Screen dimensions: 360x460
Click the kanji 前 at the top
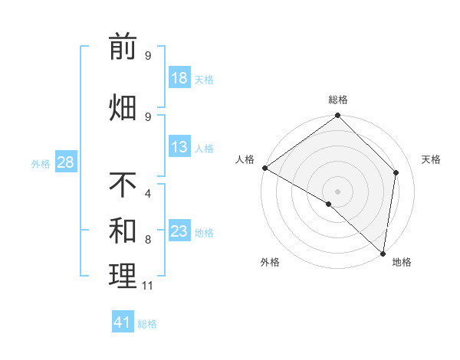123,47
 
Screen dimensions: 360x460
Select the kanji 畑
123,107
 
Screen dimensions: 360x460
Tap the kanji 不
123,185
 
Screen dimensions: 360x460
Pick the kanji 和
123,231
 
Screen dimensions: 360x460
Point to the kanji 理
123,277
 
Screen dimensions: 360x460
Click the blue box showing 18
179,78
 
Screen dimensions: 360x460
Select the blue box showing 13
179,147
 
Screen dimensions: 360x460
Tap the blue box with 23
179,231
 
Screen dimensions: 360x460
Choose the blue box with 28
65,162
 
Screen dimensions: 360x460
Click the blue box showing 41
123,322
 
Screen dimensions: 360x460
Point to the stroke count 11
148,286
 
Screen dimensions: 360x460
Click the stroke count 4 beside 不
148,193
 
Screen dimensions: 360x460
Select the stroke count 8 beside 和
148,240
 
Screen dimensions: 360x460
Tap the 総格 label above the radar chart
338,100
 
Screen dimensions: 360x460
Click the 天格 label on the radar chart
431,159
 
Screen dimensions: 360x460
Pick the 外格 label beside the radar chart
269,262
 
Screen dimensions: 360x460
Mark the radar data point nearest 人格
264,168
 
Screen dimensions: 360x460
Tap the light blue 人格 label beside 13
204,148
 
